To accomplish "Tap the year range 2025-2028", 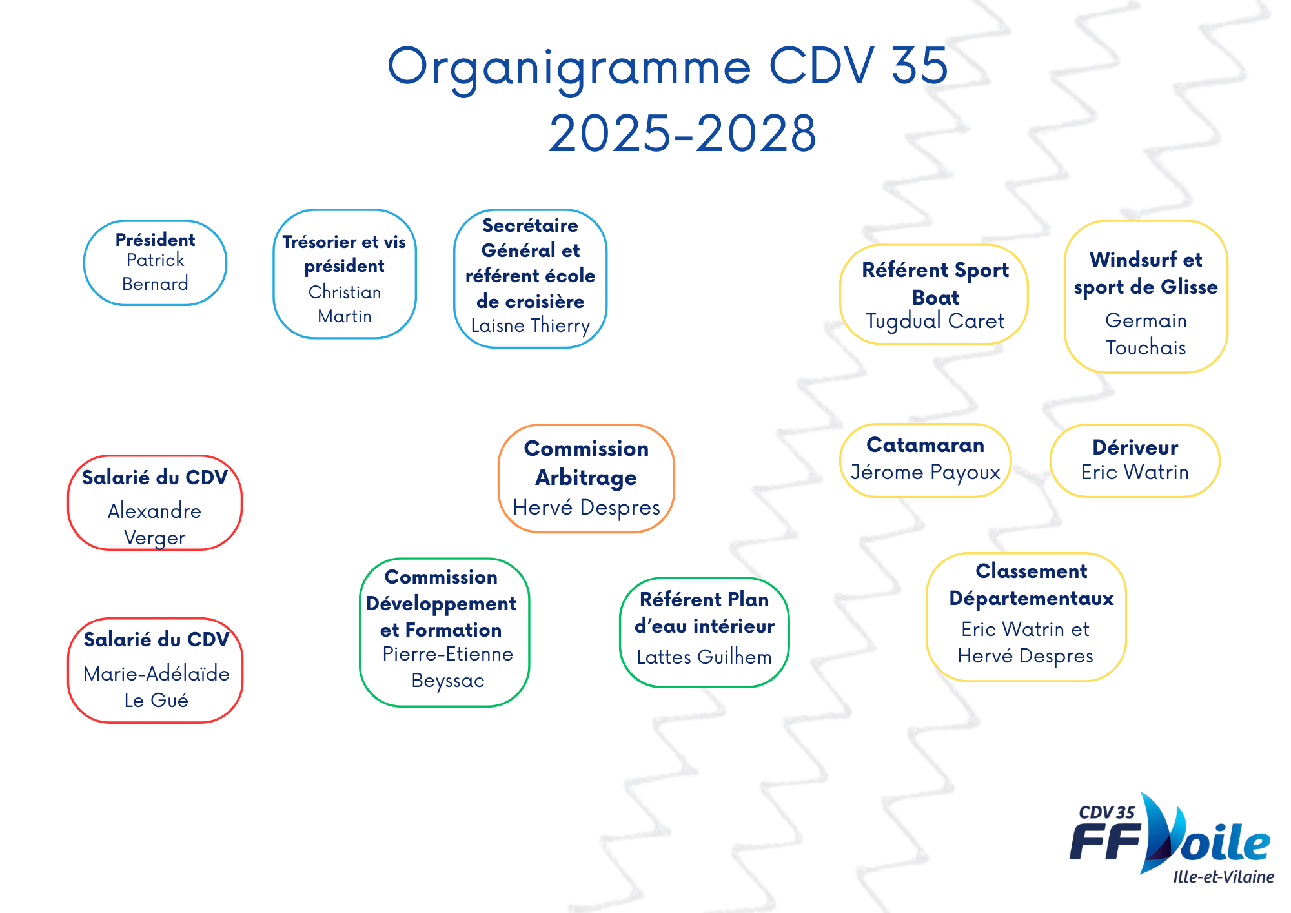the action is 683,134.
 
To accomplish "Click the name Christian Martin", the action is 345,304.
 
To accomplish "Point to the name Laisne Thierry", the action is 531,325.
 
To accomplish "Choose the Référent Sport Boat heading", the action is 935,283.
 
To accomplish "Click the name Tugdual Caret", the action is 935,321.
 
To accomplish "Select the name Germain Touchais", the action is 1146,334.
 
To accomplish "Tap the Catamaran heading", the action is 925,445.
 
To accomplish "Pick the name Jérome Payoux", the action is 925,473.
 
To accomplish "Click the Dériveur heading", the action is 1135,447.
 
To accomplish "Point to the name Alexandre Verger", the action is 155,524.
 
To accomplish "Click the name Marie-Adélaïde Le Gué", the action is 156,687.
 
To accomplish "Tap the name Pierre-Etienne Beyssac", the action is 448,668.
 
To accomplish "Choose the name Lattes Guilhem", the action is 704,657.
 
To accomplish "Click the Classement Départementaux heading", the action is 1032,585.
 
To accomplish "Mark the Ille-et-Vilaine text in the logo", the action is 1223,877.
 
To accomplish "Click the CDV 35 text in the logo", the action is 1106,812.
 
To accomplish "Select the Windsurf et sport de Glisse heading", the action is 1146,273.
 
